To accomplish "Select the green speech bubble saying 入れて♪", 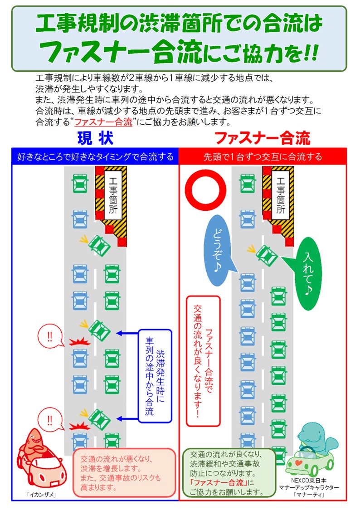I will click(308, 272).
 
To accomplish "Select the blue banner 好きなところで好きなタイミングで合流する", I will click(95, 157).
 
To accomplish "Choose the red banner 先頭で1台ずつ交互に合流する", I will click(263, 157).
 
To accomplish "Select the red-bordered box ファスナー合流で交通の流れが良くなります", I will click(203, 361).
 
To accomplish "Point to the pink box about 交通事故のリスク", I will click(124, 473).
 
